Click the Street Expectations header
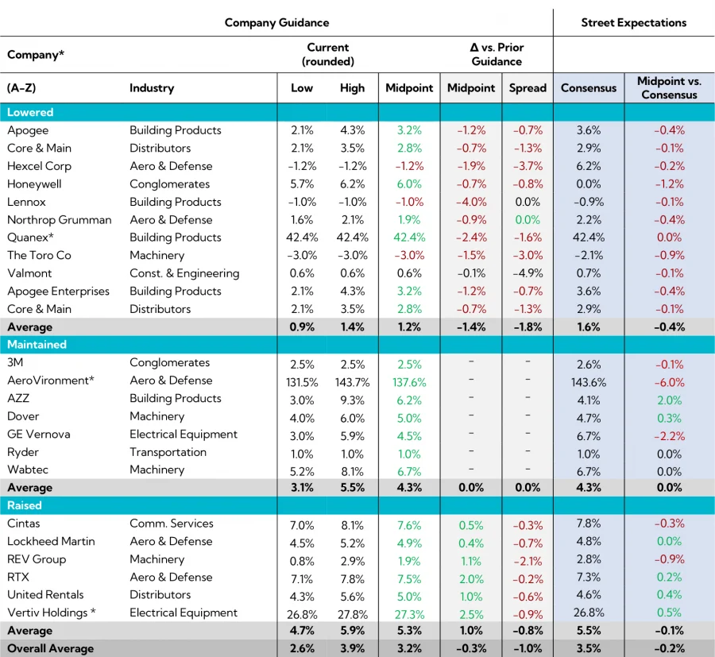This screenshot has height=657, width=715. point(633,22)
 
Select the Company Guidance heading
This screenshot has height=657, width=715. point(276,22)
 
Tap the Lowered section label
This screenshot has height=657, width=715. point(30,112)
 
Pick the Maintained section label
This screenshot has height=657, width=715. point(37,345)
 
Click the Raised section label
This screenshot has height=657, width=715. point(25,505)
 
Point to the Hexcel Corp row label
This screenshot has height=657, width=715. point(39,166)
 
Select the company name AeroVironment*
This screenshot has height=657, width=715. point(51,381)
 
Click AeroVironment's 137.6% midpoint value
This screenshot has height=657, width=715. point(408,382)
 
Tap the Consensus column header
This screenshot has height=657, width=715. point(588,88)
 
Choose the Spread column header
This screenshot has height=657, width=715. point(528,88)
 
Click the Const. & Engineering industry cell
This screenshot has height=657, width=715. point(184,273)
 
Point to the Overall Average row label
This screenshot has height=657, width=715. point(50,648)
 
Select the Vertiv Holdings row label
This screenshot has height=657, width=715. point(52,613)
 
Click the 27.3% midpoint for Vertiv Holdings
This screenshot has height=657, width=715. point(408,614)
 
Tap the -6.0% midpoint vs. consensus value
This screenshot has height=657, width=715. point(669,382)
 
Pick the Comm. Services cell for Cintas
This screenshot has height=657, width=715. point(172,524)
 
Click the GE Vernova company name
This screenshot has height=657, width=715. point(39,434)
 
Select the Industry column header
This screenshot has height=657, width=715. point(152,88)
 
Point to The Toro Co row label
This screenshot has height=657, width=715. point(40,255)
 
